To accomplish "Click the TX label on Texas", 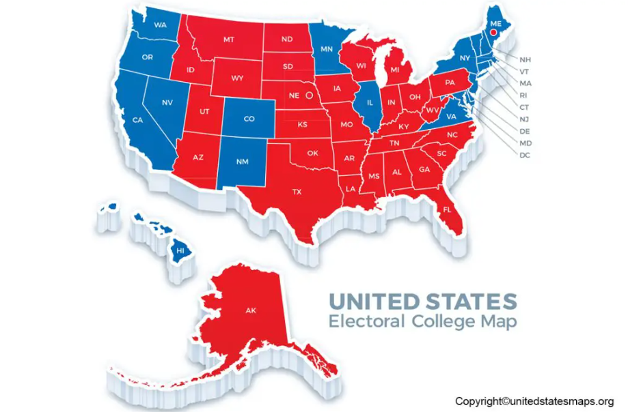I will pos(297,192).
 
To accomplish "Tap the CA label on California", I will pos(137,120).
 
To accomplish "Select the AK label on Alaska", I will pos(250,310).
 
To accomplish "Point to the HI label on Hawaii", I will pos(181,251).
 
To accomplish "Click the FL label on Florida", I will pos(447,209).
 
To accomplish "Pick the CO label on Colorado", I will pos(249,119).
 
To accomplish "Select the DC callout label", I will pos(525,155).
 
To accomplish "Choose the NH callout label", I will pos(525,59).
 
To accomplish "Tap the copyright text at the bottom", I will pos(535,401).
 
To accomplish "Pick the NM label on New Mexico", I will pos(242,162).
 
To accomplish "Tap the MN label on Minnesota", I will pos(327,49).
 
